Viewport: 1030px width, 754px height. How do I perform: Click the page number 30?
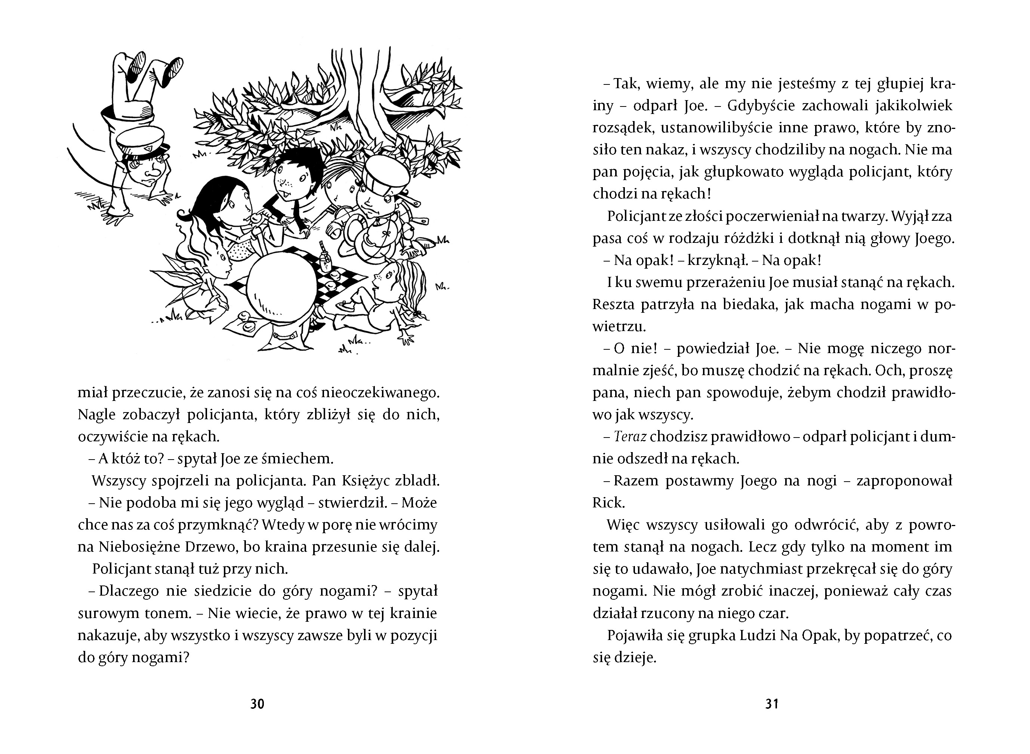pyautogui.click(x=257, y=704)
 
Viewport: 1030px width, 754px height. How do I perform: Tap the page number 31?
pyautogui.click(x=772, y=704)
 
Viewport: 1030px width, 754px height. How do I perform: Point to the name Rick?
pyautogui.click(x=608, y=503)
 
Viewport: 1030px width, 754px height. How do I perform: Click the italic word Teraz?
pyautogui.click(x=630, y=437)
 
